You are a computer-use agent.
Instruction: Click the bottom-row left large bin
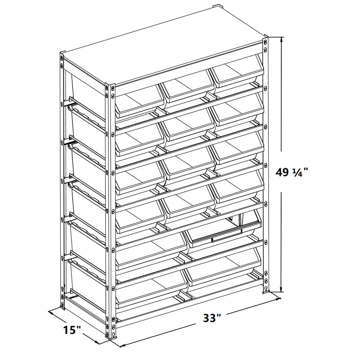click(x=151, y=288)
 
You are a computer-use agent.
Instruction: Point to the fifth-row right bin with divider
click(x=224, y=232)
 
